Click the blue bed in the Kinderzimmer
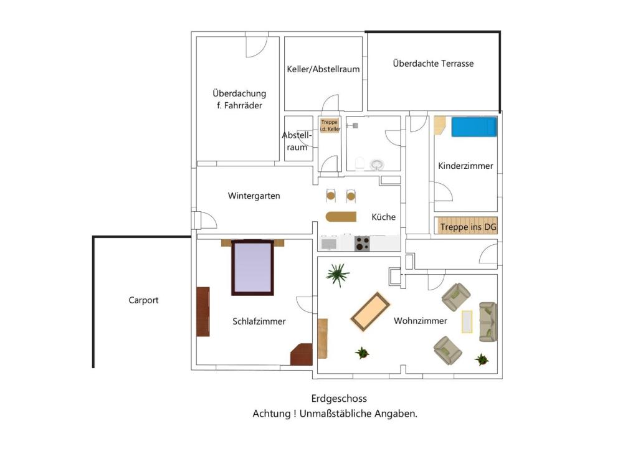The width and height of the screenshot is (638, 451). [x=474, y=128]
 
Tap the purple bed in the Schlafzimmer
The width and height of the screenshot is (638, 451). [x=252, y=268]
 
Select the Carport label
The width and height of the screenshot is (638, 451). [x=143, y=300]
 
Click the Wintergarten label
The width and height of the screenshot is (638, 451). [x=254, y=196]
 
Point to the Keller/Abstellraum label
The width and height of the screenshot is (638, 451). [x=323, y=69]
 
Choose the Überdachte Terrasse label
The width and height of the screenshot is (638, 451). [x=433, y=64]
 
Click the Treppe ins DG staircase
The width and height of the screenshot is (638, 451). [x=468, y=227]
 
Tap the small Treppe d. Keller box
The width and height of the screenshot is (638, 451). [x=330, y=126]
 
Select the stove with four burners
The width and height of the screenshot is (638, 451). [x=363, y=244]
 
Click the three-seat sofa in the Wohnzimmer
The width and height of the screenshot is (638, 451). [x=488, y=321]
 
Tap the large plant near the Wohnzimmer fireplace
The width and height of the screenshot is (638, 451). [x=337, y=273]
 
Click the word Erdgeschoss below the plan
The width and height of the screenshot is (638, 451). [x=339, y=399]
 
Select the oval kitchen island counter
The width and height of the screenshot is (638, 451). [x=341, y=217]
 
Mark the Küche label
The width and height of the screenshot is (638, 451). [x=383, y=217]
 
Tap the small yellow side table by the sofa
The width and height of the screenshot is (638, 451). [x=467, y=321]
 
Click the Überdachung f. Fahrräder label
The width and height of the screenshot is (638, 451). [x=239, y=100]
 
